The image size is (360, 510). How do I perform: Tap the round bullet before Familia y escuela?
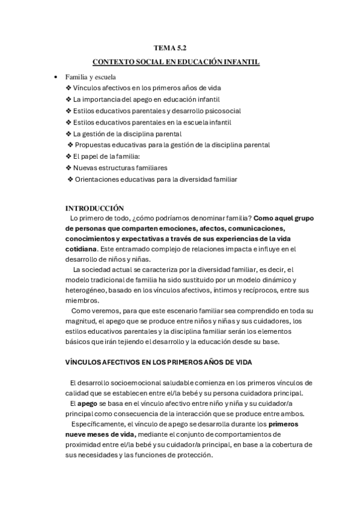56,77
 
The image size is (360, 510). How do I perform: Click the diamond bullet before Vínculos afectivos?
68,88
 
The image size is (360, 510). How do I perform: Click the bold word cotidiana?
80,248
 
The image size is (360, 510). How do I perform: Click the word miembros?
83,300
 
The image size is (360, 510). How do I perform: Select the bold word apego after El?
88,403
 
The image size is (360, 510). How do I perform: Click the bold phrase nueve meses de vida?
100,434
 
